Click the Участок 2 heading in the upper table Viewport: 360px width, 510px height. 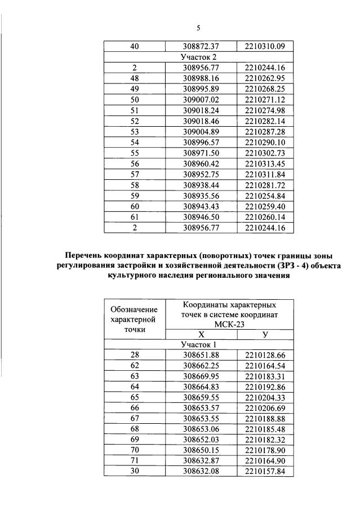click(198, 57)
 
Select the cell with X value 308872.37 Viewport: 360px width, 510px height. click(201, 46)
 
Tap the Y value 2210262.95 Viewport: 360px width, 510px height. click(265, 78)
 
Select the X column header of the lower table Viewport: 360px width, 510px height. click(201, 334)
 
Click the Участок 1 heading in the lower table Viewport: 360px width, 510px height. click(198, 344)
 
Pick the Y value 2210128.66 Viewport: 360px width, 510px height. click(265, 354)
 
